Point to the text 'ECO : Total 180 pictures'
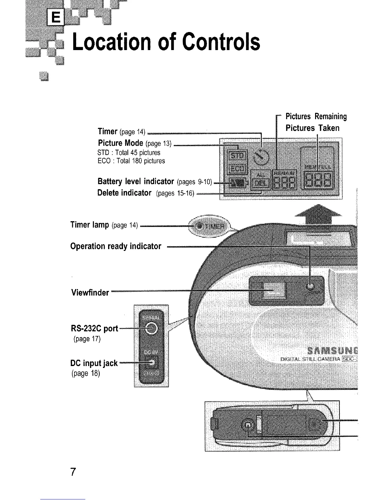pos(131,161)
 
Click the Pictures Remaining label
pos(316,117)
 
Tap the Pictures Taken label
pos(312,128)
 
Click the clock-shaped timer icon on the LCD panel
pos(262,156)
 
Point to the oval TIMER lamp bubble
pos(210,226)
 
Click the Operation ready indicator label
pos(116,246)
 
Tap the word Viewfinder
pos(90,293)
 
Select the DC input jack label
pos(94,363)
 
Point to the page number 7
pos(73,472)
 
